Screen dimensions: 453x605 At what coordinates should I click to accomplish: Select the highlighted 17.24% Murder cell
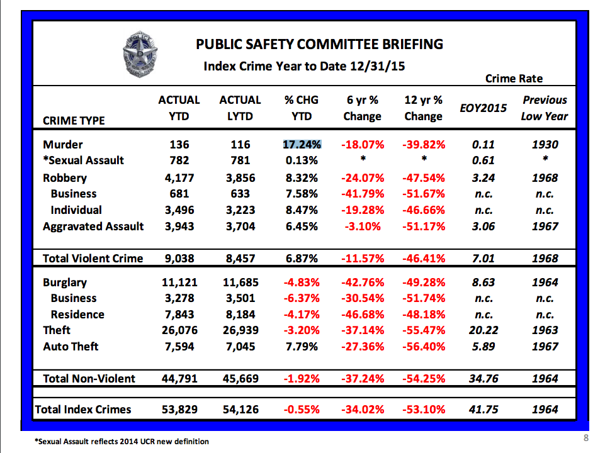[x=302, y=145]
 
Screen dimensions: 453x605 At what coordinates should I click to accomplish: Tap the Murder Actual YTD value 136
[x=179, y=145]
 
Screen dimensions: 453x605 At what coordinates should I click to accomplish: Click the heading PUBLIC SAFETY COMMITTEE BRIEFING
[x=320, y=44]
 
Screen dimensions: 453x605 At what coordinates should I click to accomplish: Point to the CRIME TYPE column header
[x=74, y=120]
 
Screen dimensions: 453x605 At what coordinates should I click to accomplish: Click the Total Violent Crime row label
[x=93, y=258]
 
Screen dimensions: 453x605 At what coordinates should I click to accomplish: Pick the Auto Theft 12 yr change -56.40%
[x=423, y=347]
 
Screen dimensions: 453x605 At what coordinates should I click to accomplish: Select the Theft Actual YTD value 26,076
[x=179, y=330]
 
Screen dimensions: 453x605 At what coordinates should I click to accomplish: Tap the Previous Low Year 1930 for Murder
[x=545, y=145]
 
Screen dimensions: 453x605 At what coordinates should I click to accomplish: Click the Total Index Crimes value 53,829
[x=179, y=410]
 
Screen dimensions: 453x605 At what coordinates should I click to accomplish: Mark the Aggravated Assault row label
[x=93, y=226]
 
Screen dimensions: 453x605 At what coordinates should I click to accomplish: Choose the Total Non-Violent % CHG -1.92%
[x=302, y=378]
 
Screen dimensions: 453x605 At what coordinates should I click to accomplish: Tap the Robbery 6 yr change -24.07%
[x=362, y=178]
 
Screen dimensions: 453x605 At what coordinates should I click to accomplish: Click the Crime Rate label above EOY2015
[x=514, y=79]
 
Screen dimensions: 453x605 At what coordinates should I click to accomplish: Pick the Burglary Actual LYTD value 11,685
[x=240, y=282]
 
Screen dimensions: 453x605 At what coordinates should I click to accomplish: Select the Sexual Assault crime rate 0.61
[x=483, y=160]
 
